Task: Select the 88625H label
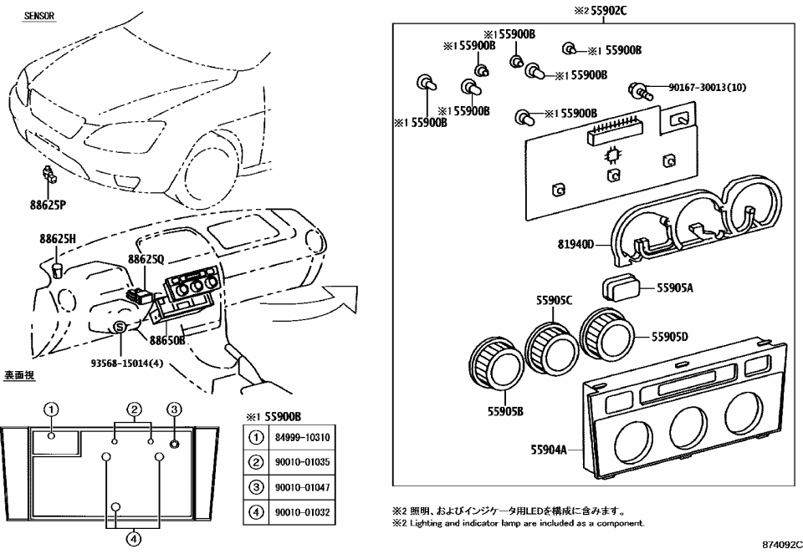(57, 239)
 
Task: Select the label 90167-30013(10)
(708, 87)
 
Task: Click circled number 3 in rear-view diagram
(173, 409)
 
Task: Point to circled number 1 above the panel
(52, 409)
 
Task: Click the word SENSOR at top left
(39, 16)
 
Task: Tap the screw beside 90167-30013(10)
(641, 89)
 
